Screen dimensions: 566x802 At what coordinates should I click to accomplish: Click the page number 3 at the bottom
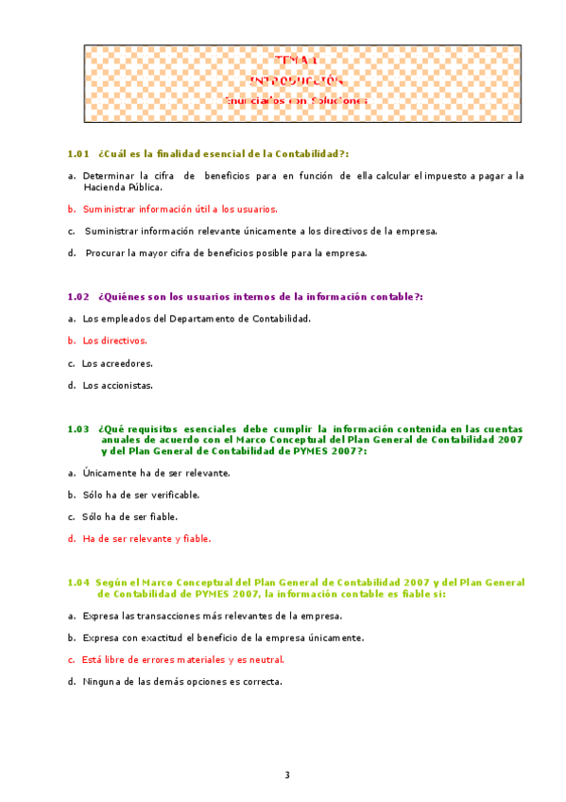pyautogui.click(x=287, y=776)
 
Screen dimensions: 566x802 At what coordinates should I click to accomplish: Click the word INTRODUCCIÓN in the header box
pyautogui.click(x=296, y=80)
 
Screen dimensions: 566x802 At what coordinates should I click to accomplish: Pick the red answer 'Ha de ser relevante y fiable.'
pyautogui.click(x=146, y=539)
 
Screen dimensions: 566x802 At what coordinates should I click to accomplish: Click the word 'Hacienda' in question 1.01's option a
pyautogui.click(x=105, y=187)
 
